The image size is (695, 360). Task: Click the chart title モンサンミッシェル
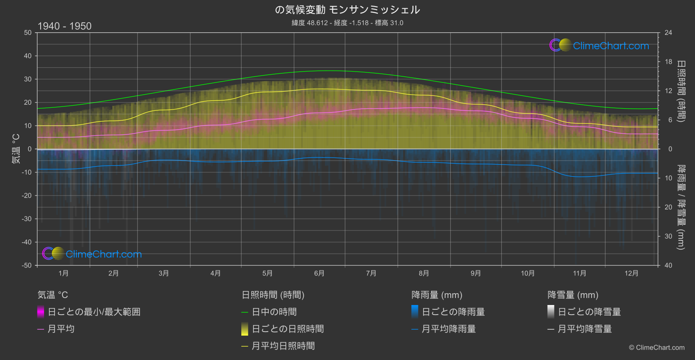click(x=347, y=10)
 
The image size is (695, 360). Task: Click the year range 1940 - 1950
click(x=65, y=26)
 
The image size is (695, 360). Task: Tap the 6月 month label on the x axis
click(x=319, y=273)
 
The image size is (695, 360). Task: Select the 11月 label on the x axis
click(x=579, y=273)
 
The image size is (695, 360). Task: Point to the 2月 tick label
click(x=113, y=273)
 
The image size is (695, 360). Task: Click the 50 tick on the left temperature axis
click(x=28, y=33)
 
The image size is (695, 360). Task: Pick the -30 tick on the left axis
click(x=27, y=219)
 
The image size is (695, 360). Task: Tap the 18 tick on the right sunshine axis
click(x=668, y=62)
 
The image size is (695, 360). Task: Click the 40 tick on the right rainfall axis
click(x=668, y=265)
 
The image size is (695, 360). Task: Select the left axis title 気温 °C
click(x=16, y=149)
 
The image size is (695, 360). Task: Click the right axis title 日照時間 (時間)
click(x=681, y=91)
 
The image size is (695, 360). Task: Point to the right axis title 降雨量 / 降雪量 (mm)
click(x=681, y=207)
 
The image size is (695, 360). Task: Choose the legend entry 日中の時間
click(x=274, y=312)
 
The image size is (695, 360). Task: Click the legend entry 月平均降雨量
click(x=449, y=329)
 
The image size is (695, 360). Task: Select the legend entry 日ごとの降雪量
click(x=589, y=312)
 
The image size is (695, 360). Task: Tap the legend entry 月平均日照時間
click(x=283, y=346)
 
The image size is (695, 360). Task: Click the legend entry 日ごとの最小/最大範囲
click(x=94, y=312)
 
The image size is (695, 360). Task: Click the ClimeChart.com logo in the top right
click(x=599, y=45)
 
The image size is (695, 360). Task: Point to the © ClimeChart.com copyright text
click(x=657, y=348)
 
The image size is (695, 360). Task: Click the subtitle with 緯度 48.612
click(x=347, y=23)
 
